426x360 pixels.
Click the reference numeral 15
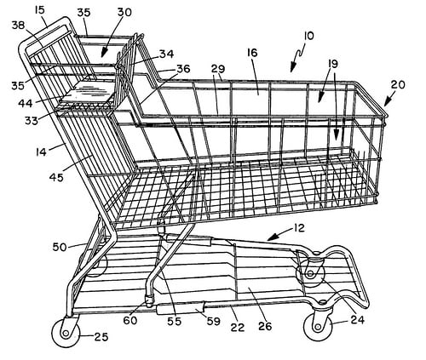40,10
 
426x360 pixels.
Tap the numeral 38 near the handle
18,26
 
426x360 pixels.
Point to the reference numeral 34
166,54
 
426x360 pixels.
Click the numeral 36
183,69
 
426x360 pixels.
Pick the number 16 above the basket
252,53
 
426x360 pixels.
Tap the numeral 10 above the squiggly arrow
308,36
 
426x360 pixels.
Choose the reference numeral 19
333,64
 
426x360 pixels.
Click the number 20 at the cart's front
398,84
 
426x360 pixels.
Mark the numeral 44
26,103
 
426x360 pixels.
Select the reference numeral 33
32,121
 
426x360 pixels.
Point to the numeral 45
56,178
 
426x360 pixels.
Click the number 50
60,247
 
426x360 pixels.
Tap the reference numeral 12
299,228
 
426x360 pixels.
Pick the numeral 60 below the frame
130,321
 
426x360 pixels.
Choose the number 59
214,322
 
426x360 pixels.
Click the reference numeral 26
265,326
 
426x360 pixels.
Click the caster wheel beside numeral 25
66,333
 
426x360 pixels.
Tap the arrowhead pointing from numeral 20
388,103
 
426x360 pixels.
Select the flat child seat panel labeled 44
89,92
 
